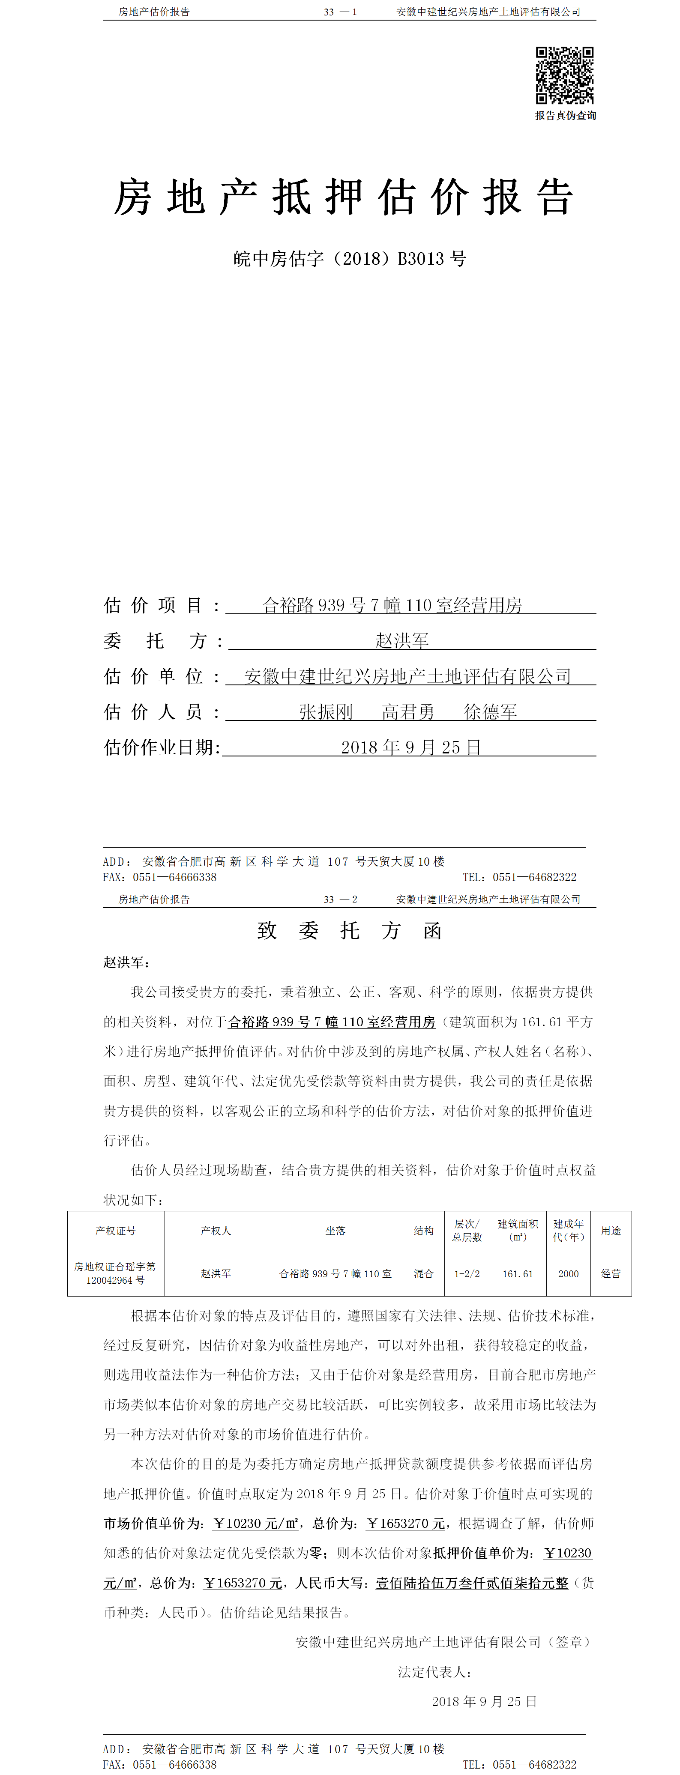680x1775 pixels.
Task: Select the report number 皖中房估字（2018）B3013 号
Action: point(349,259)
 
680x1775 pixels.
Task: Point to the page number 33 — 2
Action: point(340,899)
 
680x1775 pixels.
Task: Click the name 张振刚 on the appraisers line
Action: point(326,712)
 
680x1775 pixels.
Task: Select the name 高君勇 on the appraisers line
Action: point(408,712)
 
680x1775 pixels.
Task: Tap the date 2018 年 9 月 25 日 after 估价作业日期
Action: point(410,747)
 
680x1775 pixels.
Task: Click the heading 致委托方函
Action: point(349,931)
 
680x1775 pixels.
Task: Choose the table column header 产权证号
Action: point(116,1231)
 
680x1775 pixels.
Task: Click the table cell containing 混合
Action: point(424,1273)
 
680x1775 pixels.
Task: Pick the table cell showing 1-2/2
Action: point(467,1273)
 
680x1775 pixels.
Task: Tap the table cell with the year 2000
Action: point(569,1273)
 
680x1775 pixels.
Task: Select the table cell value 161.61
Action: point(518,1273)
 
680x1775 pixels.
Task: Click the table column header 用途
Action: point(611,1231)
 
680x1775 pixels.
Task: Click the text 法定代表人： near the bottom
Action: point(435,1672)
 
